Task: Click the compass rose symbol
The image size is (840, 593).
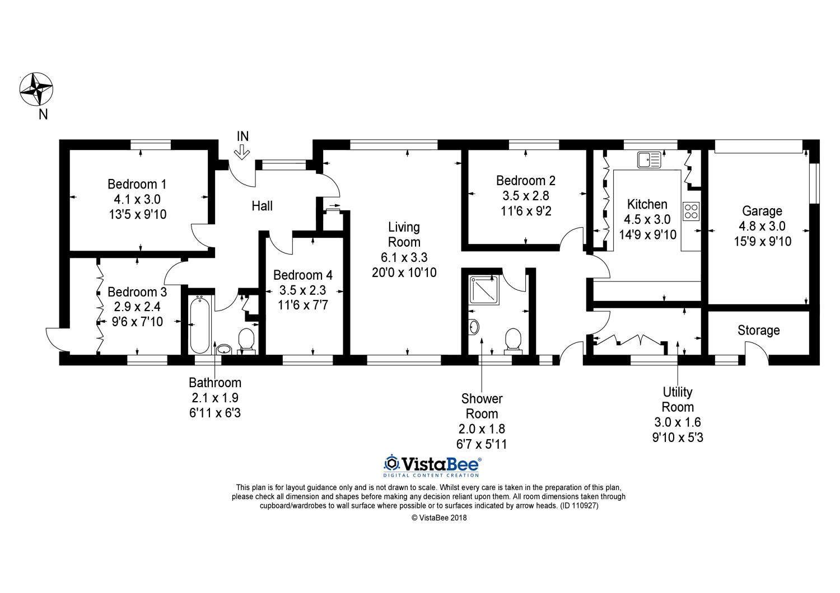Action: click(36, 89)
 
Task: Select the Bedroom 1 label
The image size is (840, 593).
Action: click(137, 184)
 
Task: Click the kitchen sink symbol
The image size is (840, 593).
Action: click(649, 159)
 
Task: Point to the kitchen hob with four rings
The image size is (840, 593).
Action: click(690, 211)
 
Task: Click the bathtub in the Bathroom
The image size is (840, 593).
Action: click(199, 324)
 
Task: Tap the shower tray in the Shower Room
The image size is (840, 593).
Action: click(484, 290)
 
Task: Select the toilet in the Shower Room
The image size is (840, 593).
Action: click(513, 341)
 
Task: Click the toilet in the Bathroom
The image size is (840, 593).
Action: click(246, 341)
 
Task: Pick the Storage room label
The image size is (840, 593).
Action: click(759, 331)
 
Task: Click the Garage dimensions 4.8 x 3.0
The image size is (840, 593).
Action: click(762, 226)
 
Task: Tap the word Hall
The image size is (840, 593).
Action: click(262, 206)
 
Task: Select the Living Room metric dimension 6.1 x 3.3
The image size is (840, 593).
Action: click(404, 257)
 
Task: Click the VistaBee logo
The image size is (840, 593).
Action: click(432, 465)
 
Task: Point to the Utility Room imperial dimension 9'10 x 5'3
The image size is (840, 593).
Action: click(678, 437)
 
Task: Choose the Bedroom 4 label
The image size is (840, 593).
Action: click(302, 275)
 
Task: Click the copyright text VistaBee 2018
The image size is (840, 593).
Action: click(439, 517)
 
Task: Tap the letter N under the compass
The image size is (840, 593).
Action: click(43, 114)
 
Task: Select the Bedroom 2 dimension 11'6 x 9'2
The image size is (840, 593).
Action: click(526, 211)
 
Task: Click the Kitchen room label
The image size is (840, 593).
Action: click(647, 204)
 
